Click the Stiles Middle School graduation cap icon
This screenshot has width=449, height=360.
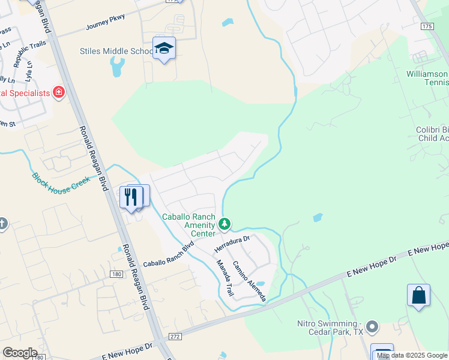164,49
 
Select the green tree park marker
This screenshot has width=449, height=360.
225,224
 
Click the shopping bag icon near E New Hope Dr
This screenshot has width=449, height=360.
418,295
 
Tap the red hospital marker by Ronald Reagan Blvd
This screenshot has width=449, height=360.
58,92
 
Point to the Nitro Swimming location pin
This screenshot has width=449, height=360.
373,327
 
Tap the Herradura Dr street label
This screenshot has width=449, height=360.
232,244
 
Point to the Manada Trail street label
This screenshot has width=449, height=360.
225,278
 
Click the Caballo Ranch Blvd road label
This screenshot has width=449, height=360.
170,255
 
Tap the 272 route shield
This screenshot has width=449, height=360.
175,337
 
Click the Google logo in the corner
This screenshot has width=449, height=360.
20,353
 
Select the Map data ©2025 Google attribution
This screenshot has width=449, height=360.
412,356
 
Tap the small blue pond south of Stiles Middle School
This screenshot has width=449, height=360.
118,67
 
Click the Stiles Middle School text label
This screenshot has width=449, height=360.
116,51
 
